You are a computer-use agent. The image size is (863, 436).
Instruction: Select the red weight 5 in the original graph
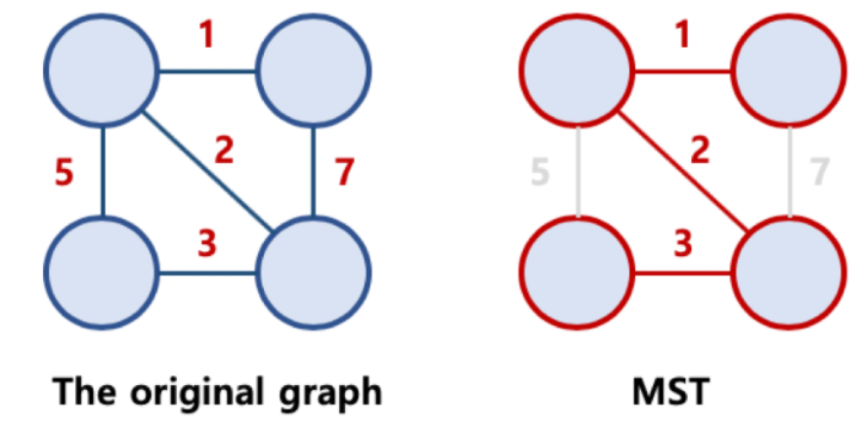(64, 173)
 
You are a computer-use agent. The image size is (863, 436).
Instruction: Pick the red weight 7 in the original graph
(343, 173)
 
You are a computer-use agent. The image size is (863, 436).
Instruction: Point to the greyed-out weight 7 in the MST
(820, 173)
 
